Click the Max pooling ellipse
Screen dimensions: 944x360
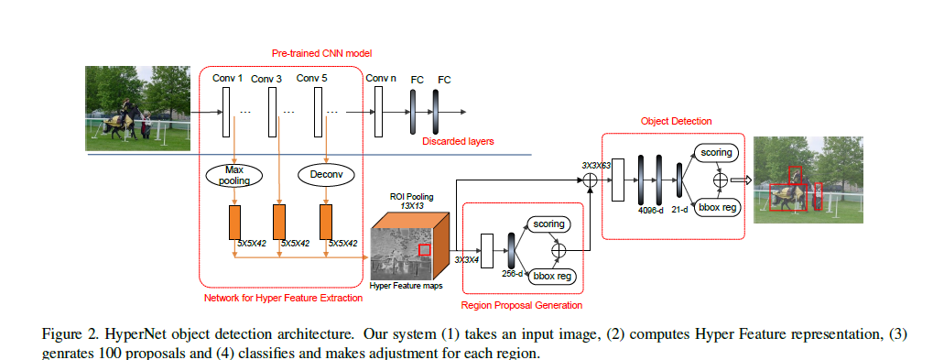pos(234,175)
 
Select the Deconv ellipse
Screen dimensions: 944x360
pos(326,175)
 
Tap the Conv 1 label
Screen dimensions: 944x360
pos(228,78)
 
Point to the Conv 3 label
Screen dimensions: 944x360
pos(266,79)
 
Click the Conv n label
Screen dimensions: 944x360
pos(381,78)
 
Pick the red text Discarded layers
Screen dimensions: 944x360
pos(458,141)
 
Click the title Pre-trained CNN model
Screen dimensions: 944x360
pos(313,53)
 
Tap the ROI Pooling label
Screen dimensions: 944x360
pos(412,197)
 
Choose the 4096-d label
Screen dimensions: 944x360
pos(650,211)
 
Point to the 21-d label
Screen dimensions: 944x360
pos(679,211)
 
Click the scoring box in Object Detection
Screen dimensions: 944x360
pos(716,153)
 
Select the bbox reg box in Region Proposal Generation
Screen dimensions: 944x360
pos(551,277)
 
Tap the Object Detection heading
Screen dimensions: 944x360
pos(676,121)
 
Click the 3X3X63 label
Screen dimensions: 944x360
pos(596,164)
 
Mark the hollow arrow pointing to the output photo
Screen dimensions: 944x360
pos(741,180)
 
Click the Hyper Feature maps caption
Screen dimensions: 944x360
pos(406,286)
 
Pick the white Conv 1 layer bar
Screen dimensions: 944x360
pos(226,112)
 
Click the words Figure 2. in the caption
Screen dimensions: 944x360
pos(62,334)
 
